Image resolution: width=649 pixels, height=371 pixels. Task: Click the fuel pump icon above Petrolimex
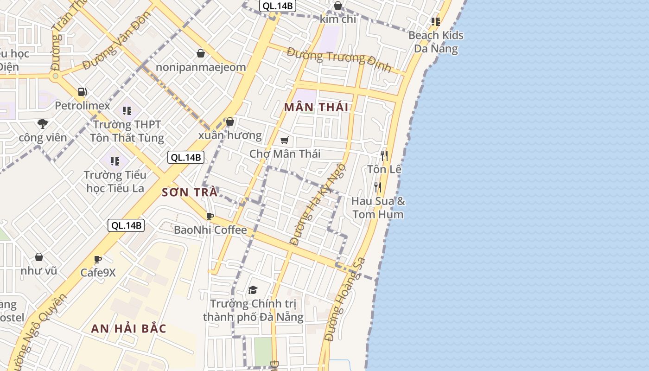pos(83,92)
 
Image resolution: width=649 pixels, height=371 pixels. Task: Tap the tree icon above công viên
pos(43,124)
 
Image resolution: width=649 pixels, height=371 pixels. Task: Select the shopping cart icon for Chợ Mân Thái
pos(285,140)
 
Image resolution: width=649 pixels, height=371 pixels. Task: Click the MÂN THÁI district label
pos(316,108)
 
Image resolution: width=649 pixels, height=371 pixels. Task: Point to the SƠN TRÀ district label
pos(190,192)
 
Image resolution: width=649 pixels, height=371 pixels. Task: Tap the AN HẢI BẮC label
pos(128,329)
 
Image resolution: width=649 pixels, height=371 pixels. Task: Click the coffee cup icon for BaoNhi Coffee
pos(210,216)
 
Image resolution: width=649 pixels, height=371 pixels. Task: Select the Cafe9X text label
pos(98,272)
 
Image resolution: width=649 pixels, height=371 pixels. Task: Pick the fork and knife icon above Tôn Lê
pos(384,155)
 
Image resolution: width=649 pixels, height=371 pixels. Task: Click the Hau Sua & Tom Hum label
pos(378,208)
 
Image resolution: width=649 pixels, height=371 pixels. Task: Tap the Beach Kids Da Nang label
pos(436,42)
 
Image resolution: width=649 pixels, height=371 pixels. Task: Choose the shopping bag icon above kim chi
pos(338,6)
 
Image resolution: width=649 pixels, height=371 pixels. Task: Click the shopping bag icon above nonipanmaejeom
pos(201,53)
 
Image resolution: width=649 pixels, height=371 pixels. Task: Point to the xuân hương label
pos(230,135)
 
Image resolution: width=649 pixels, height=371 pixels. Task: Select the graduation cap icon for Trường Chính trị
pos(253,290)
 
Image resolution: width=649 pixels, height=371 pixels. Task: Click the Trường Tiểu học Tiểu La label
pos(115,181)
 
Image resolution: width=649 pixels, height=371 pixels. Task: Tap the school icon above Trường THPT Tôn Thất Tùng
pos(127,111)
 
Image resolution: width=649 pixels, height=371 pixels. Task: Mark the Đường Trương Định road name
pos(339,60)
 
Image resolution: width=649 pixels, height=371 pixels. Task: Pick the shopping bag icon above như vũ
pos(39,257)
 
